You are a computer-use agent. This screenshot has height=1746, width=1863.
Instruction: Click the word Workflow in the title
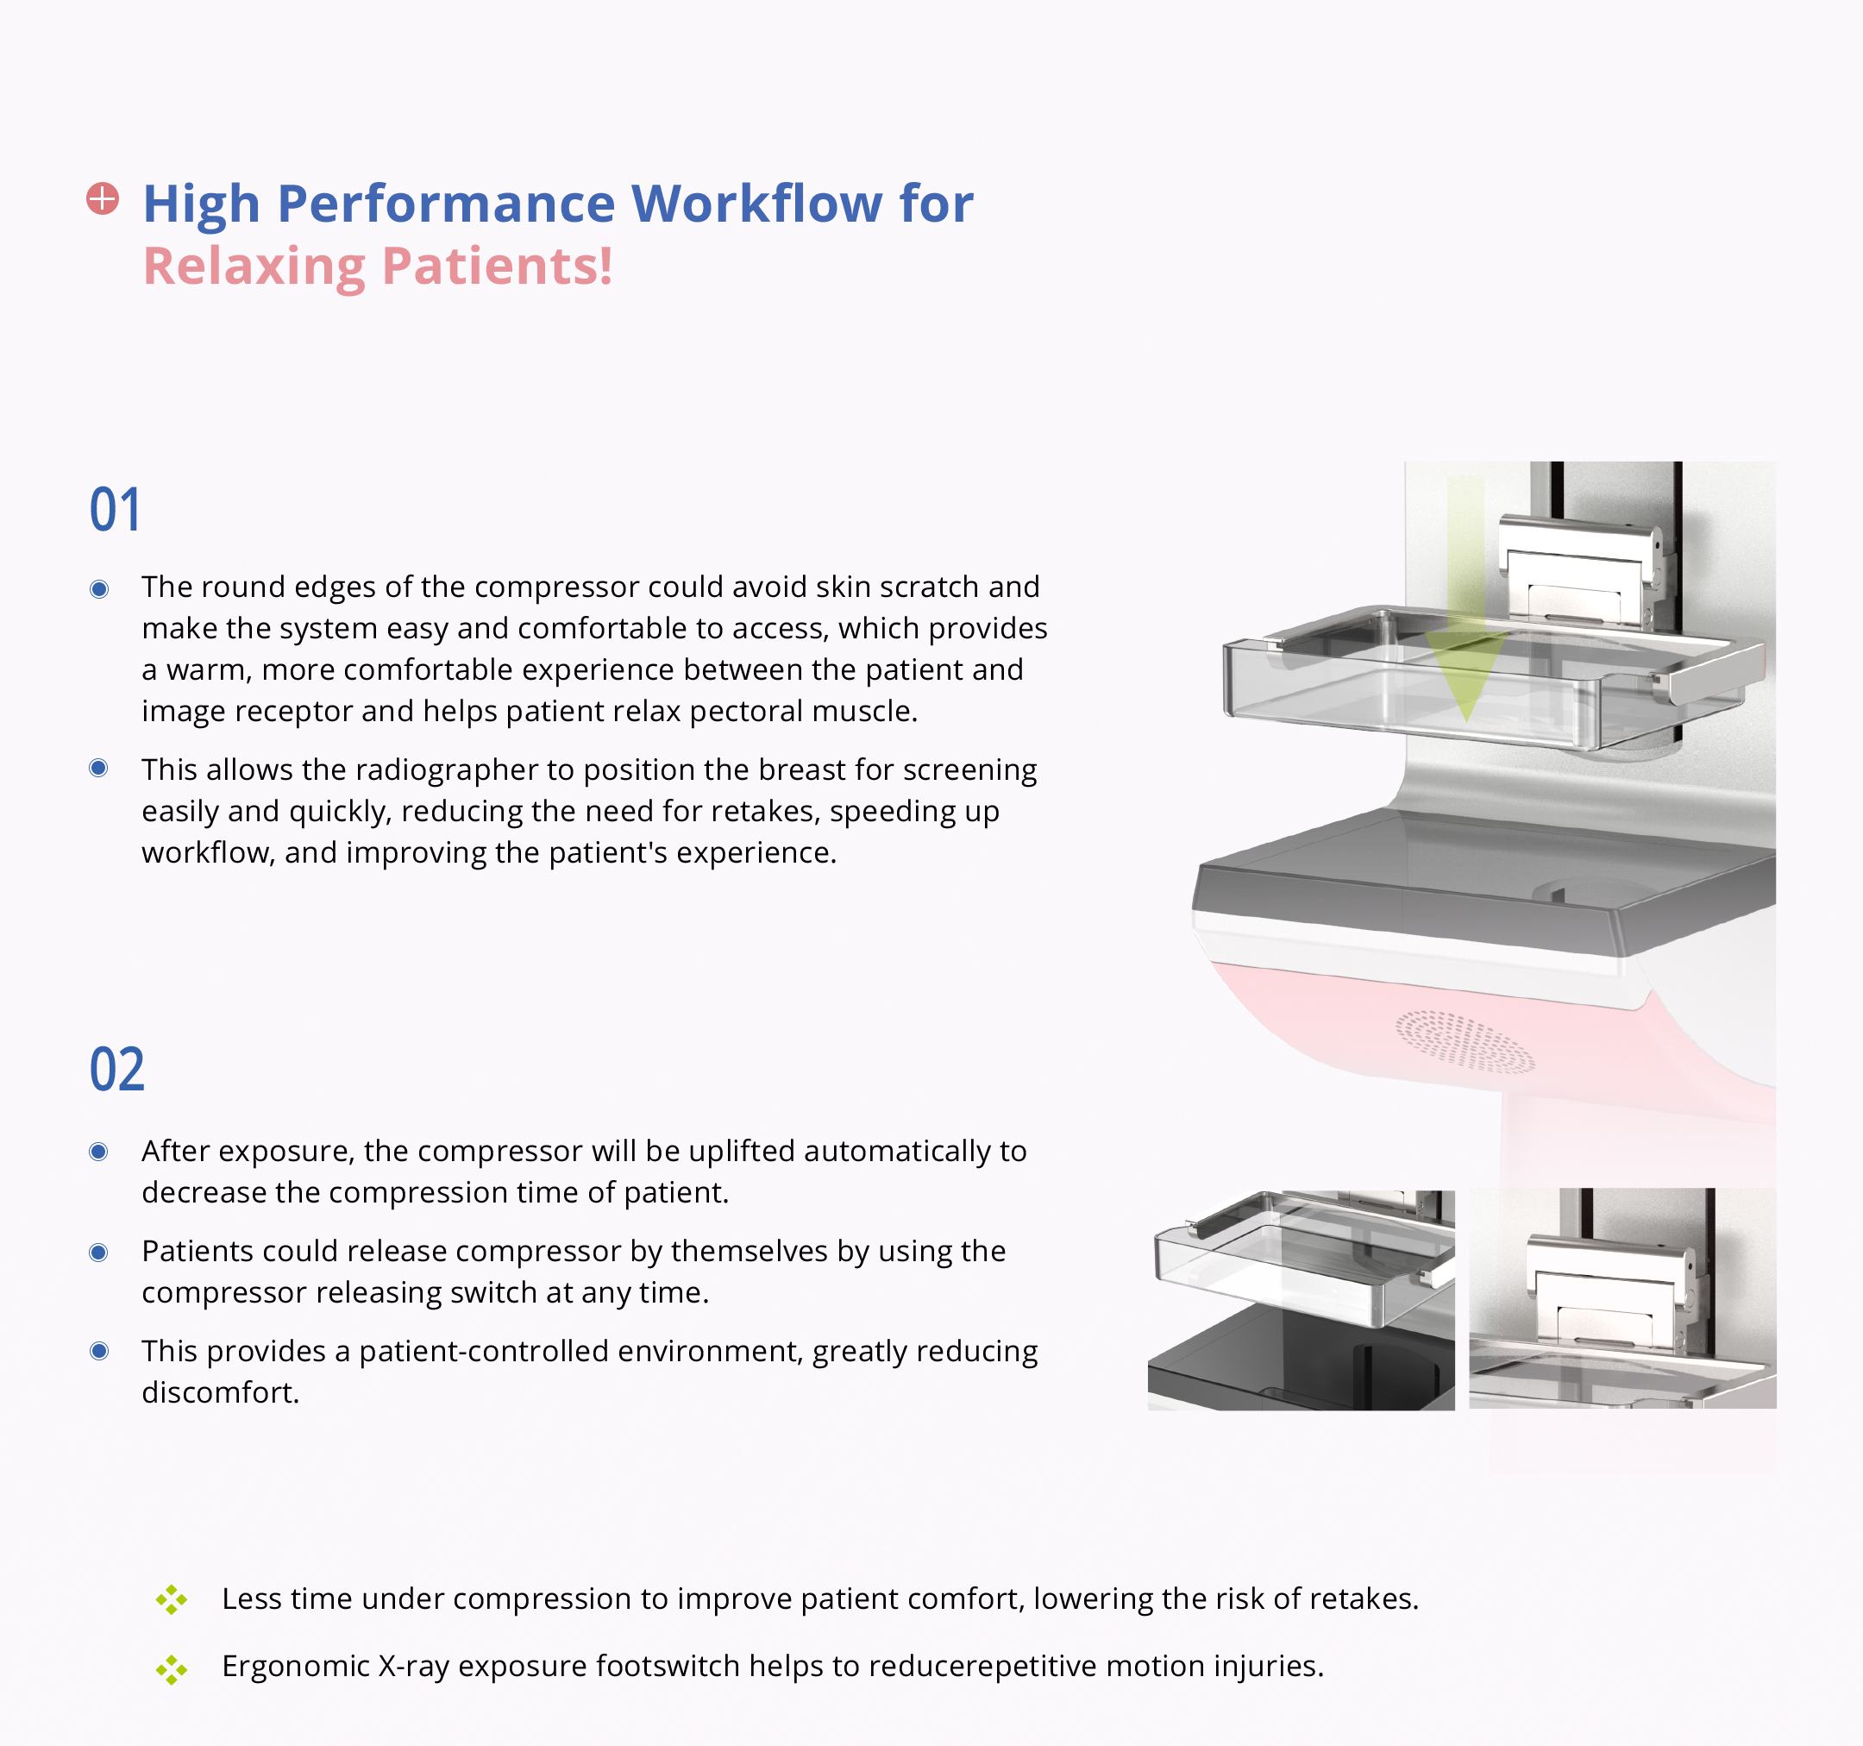coord(756,204)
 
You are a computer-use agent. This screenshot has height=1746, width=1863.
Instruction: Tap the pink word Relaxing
coord(254,267)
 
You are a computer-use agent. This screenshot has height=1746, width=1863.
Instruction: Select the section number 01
coord(116,510)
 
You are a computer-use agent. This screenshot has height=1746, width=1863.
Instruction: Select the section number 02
coord(117,1070)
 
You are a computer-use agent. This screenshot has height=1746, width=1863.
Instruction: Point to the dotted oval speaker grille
coord(1465,1041)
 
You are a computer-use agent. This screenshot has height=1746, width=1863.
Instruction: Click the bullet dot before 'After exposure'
coord(98,1152)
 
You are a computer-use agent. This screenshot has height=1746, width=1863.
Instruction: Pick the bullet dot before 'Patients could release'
coord(98,1253)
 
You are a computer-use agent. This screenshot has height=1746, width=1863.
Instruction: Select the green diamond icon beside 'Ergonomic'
coord(172,1669)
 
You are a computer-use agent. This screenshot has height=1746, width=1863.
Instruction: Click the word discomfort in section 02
coord(220,1392)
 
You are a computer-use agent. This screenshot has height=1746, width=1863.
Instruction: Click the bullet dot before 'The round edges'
coord(98,588)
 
